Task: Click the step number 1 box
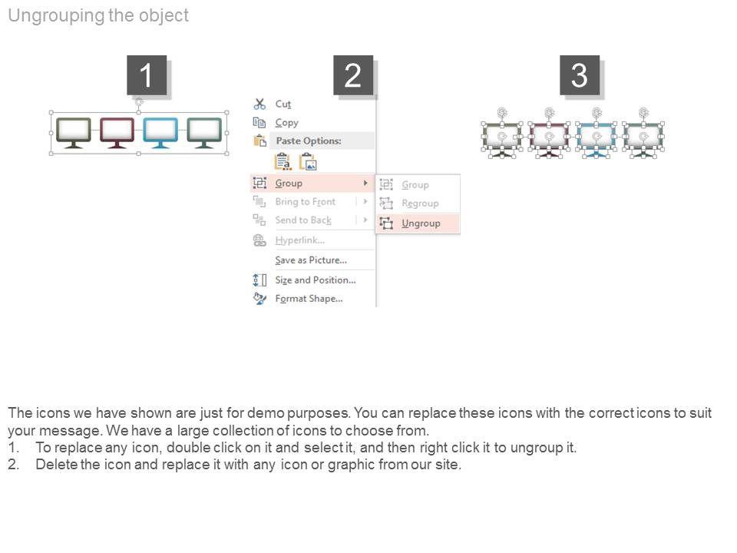147,75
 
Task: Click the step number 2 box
353,75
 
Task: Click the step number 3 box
580,75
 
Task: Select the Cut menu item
283,104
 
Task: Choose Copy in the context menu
286,123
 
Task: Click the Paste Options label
309,141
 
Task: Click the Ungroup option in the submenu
421,224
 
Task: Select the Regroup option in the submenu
420,203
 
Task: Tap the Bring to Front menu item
305,202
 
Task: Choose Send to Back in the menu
303,220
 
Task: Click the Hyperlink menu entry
300,240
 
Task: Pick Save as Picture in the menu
311,260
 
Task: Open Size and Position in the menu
316,280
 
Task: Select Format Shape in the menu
309,299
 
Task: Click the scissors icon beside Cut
259,104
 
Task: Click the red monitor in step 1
117,133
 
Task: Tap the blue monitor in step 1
160,133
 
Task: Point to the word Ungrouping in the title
56,16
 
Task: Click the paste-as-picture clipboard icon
309,162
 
